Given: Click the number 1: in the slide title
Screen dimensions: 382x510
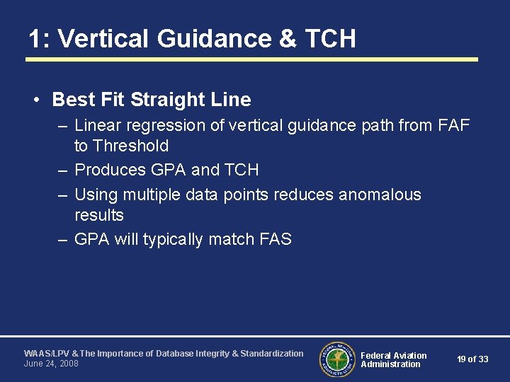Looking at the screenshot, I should click(39, 38).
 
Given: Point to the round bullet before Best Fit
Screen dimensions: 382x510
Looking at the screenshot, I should click(35, 100).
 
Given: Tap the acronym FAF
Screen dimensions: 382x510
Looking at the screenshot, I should click(454, 126).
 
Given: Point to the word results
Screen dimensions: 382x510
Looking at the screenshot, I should click(98, 215).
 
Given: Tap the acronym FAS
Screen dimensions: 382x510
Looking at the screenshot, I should click(274, 239).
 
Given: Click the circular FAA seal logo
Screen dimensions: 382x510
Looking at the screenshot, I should click(337, 359).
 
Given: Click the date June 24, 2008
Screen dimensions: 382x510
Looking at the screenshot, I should click(51, 364).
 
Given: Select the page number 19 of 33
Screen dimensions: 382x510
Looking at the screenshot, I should click(472, 359).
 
